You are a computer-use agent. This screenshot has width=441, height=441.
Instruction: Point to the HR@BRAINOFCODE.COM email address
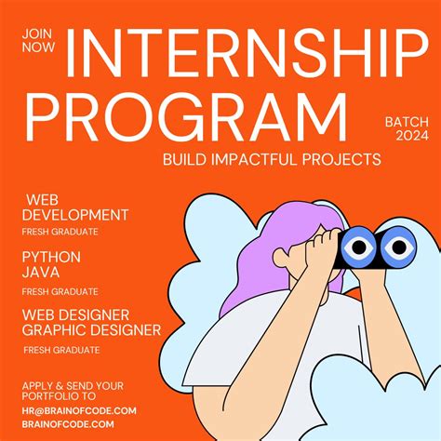[78, 410]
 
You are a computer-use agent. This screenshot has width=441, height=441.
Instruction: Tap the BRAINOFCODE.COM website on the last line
[64, 423]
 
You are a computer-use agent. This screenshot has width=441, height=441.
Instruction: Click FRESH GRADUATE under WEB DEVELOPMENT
[60, 231]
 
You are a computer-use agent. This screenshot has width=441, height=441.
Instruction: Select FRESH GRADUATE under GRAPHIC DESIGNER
[62, 349]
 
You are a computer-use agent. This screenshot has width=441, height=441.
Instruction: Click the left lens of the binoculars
[357, 247]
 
